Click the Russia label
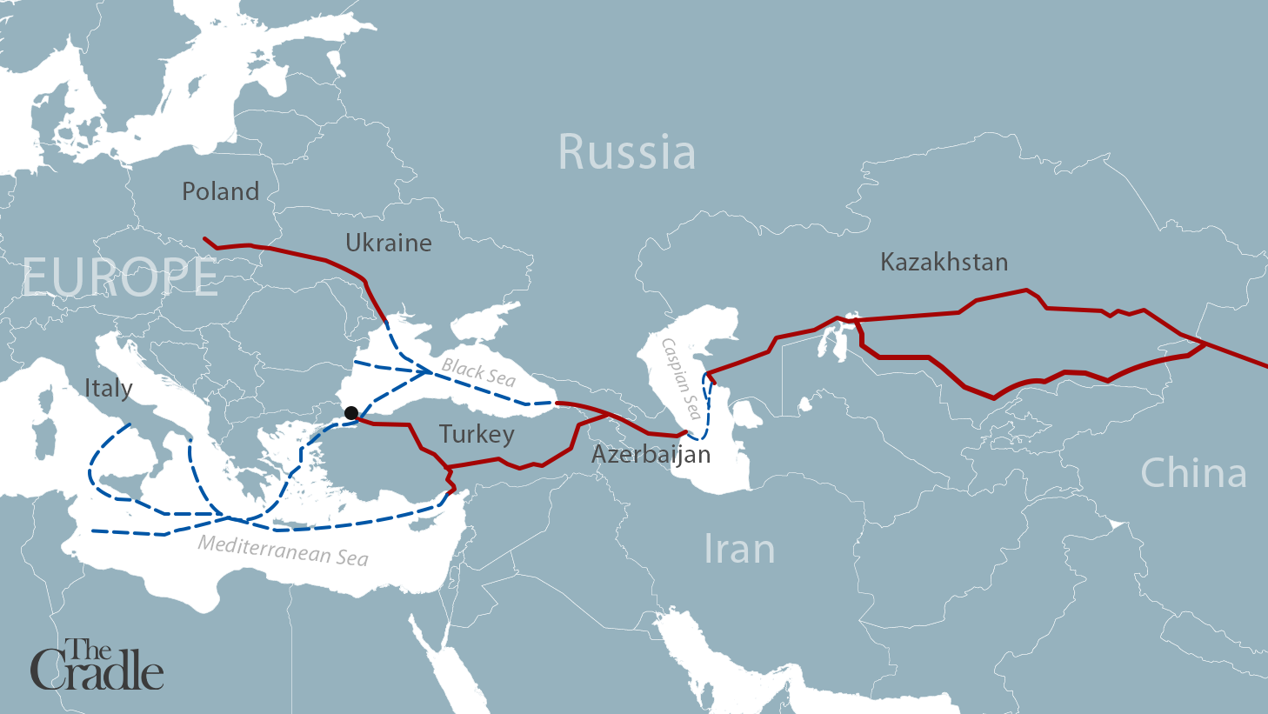626,152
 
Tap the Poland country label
220,191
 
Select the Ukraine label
388,243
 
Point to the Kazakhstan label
944,262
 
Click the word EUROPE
120,277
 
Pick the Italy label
108,388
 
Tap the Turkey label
477,434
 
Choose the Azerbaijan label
651,454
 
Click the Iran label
738,550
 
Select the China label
1193,473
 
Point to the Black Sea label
478,372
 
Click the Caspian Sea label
681,378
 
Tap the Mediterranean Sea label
283,551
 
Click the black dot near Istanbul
350,413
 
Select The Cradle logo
97,665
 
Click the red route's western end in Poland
205,238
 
